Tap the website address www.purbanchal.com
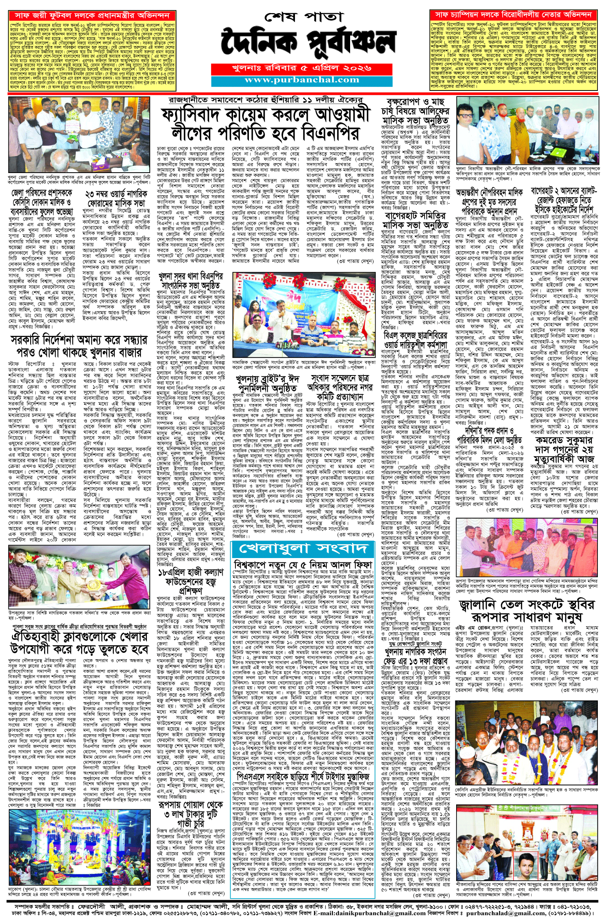coord(302,80)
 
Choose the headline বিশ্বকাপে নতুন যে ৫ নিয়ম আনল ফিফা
coord(302,564)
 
